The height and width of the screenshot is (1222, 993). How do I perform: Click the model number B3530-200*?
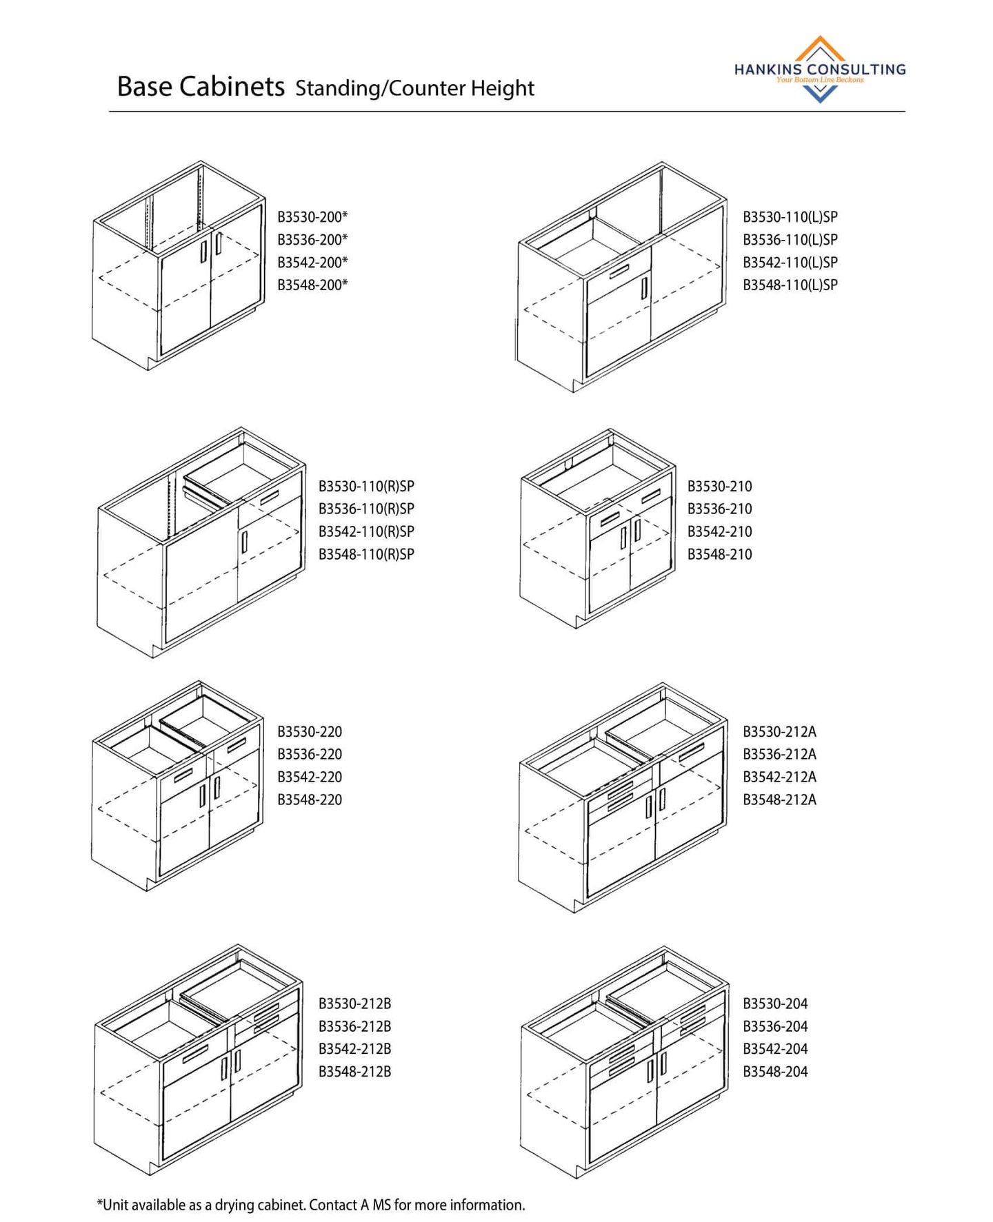(x=312, y=217)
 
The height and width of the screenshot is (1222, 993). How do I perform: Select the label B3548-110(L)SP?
(x=790, y=285)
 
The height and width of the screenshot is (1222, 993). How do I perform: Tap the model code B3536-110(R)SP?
(x=366, y=509)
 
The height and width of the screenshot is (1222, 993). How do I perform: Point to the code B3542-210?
(x=719, y=531)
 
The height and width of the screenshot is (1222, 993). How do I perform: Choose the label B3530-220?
(x=310, y=731)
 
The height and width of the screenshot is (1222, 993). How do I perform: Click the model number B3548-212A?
(x=779, y=800)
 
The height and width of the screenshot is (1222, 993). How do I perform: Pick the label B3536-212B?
(x=354, y=1026)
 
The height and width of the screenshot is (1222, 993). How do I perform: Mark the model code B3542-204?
(x=775, y=1049)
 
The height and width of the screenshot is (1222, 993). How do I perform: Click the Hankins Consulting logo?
(x=820, y=70)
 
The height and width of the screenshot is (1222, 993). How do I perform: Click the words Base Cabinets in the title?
(x=201, y=87)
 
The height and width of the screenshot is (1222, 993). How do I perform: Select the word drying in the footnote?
(x=234, y=1205)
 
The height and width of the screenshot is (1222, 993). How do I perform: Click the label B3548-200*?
(x=312, y=285)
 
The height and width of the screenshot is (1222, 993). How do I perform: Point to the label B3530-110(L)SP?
(x=790, y=217)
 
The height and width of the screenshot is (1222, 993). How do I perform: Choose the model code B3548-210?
(x=719, y=554)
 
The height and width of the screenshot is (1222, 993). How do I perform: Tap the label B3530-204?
(x=775, y=1004)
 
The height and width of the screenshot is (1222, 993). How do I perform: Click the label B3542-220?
(x=310, y=777)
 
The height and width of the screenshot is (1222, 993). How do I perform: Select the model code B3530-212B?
(x=354, y=1004)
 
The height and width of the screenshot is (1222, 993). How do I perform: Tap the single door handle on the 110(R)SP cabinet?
(x=244, y=542)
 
